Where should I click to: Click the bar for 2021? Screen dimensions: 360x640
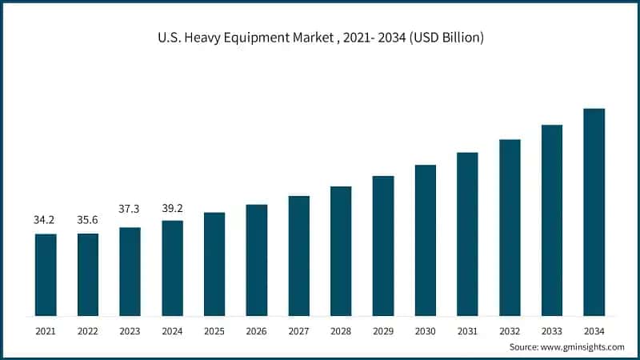click(46, 274)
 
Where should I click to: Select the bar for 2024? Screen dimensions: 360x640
click(172, 268)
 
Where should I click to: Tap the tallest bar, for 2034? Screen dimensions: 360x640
click(594, 212)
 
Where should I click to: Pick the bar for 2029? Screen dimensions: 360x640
click(383, 246)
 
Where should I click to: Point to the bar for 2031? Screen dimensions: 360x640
click(467, 234)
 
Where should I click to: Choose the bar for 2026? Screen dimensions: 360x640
click(257, 260)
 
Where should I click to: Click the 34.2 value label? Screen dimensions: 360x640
click(45, 220)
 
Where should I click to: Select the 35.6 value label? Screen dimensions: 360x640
click(87, 220)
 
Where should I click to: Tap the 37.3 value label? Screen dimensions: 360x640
click(130, 209)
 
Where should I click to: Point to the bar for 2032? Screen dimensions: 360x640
click(510, 227)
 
